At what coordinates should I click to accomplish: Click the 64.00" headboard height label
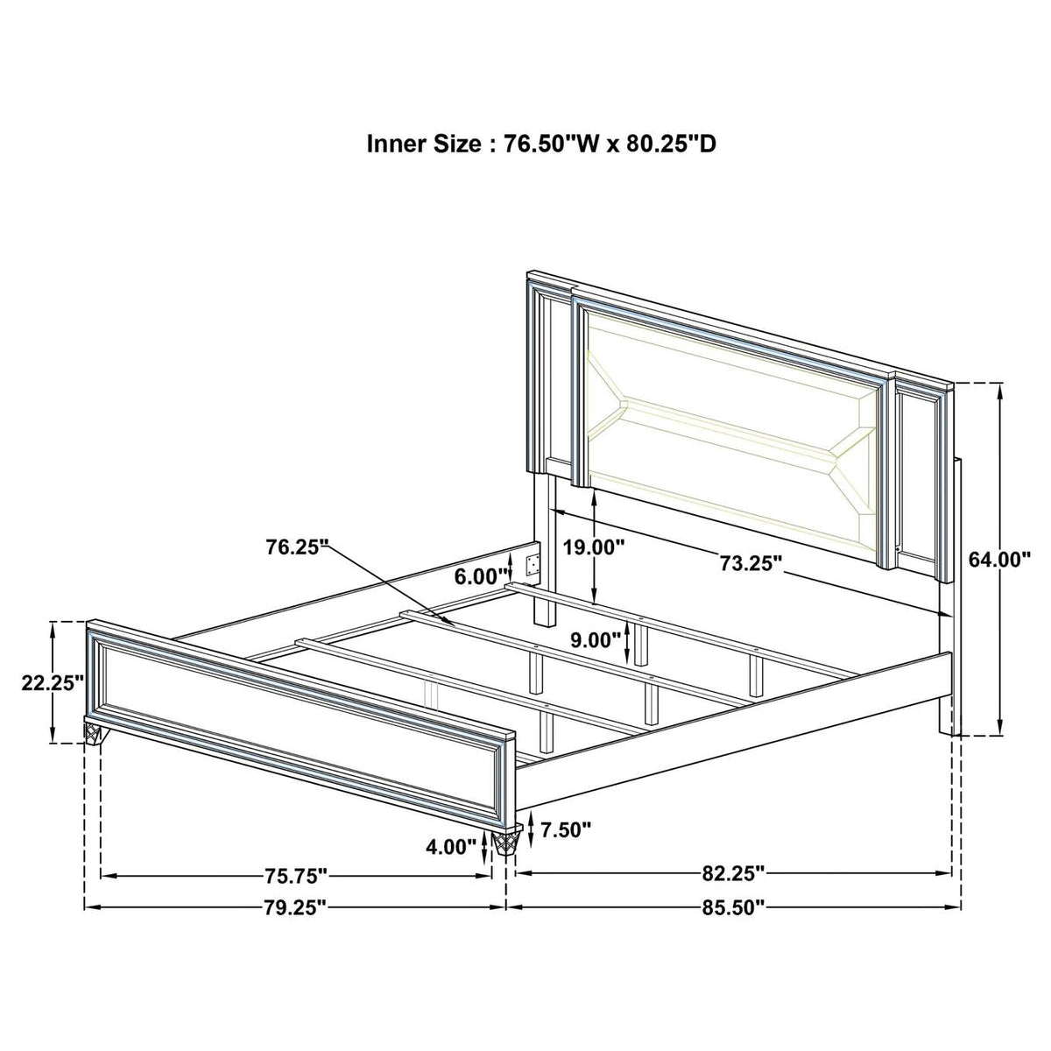pyautogui.click(x=998, y=560)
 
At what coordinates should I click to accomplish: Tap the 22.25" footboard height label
pyautogui.click(x=53, y=682)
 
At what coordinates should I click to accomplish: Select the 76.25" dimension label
pyautogui.click(x=299, y=546)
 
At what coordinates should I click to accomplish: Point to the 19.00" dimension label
pyautogui.click(x=593, y=547)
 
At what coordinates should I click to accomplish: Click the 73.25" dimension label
pyautogui.click(x=751, y=564)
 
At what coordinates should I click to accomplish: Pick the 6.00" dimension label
pyautogui.click(x=482, y=575)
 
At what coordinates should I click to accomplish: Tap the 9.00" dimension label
pyautogui.click(x=595, y=640)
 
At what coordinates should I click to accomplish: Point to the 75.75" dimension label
pyautogui.click(x=296, y=892)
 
